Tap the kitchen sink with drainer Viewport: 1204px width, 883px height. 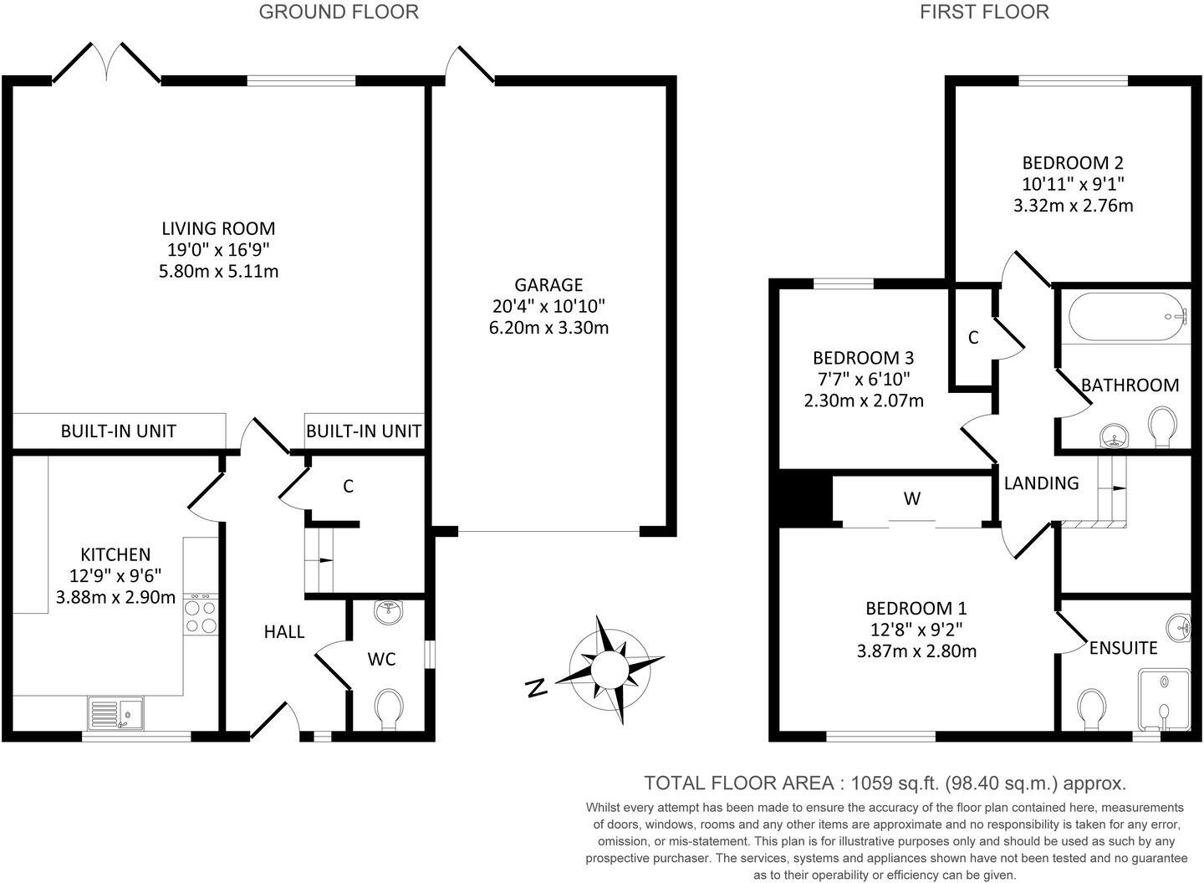(116, 714)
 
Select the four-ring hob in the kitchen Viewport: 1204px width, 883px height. (201, 616)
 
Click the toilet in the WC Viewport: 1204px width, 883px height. (388, 707)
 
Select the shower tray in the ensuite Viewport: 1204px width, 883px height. (1164, 701)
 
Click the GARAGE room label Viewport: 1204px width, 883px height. (548, 285)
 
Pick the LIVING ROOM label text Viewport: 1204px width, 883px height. (218, 228)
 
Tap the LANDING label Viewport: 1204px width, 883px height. (1041, 482)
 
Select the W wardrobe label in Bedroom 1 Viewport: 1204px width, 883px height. (912, 499)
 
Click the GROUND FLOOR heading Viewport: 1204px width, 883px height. (339, 12)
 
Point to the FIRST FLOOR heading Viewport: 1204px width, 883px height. (984, 12)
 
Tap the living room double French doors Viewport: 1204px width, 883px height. (106, 64)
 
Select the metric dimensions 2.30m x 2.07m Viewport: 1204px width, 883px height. (864, 401)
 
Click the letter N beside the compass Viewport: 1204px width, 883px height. (536, 688)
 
